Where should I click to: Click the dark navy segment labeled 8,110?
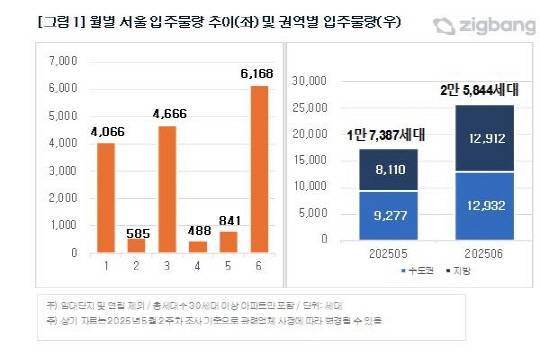point(375,171)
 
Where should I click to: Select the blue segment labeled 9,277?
point(375,215)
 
